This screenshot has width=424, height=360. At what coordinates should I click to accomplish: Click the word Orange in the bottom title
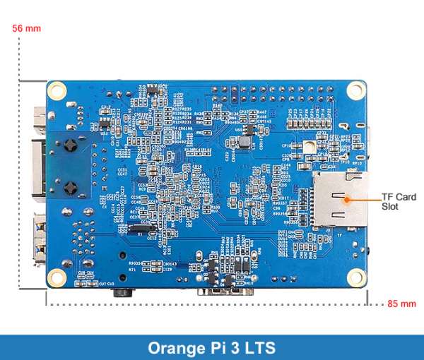tap(175, 348)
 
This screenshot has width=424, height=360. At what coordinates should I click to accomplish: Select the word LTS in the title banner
tap(257, 348)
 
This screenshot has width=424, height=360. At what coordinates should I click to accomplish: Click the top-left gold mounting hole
tap(57, 90)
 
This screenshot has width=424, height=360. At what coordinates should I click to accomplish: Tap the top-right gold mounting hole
tap(358, 90)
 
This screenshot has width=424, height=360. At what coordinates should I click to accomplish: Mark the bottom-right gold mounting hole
tap(358, 277)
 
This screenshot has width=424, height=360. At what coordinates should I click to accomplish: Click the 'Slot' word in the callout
tap(390, 207)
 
